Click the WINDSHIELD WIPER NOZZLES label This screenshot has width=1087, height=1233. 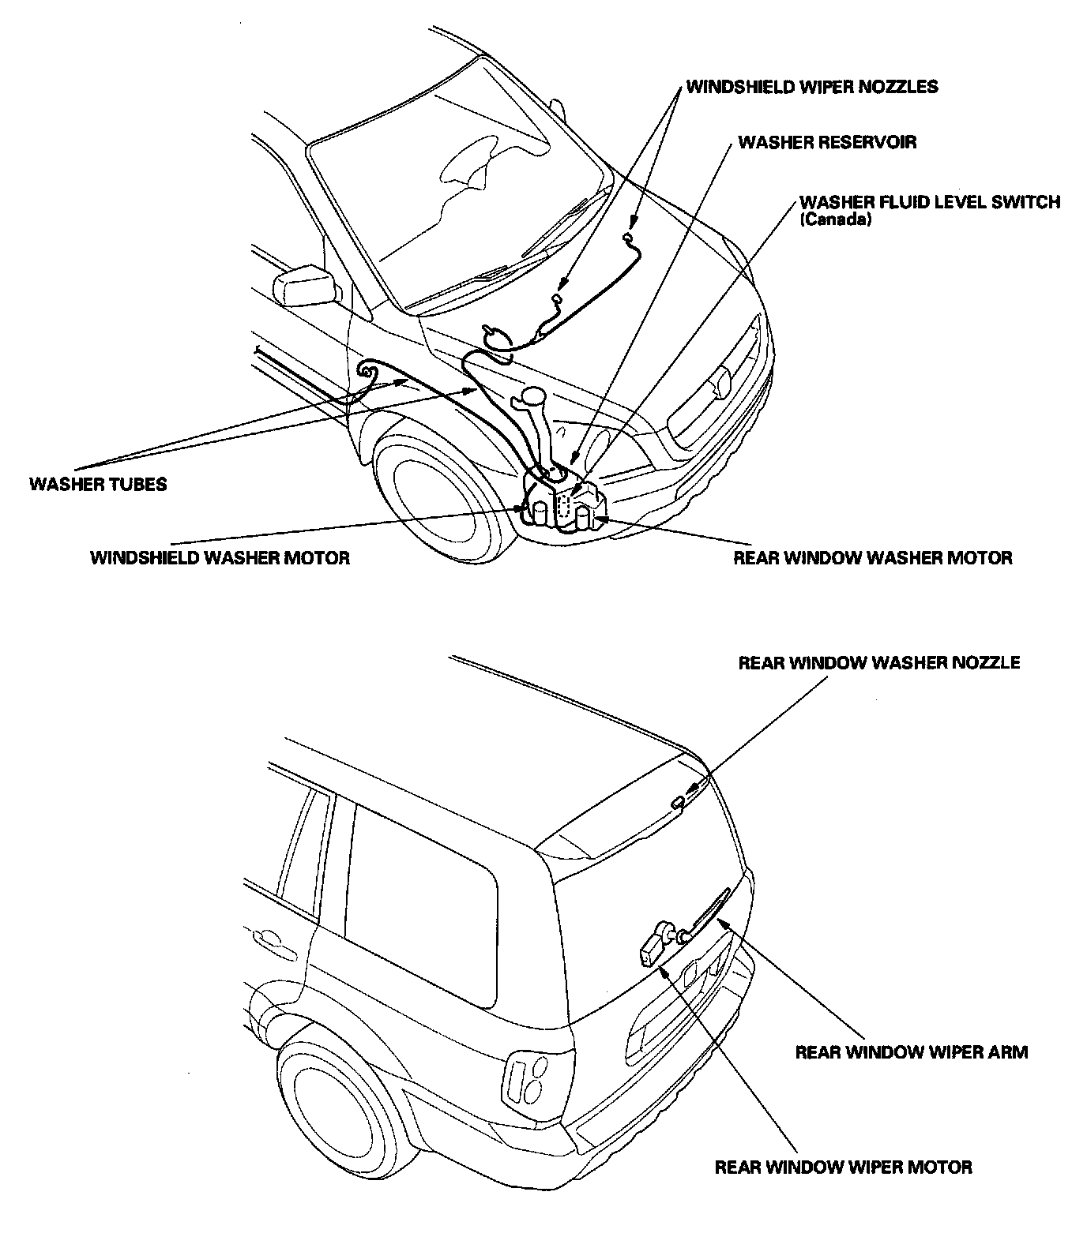(x=812, y=86)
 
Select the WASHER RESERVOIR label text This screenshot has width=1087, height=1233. (x=827, y=142)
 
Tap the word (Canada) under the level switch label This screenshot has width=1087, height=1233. (x=835, y=220)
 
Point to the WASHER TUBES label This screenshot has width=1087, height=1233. (x=98, y=484)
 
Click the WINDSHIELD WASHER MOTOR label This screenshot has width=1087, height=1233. (x=220, y=558)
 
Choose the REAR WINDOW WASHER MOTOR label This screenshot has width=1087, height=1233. (x=872, y=558)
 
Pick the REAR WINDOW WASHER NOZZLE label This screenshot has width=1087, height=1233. (x=878, y=662)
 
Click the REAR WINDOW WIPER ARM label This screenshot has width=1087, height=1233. (x=911, y=1051)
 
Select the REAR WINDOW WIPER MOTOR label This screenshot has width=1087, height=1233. (x=843, y=1167)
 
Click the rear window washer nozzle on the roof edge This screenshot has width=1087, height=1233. (x=678, y=802)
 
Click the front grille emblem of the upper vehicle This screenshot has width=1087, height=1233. (x=720, y=384)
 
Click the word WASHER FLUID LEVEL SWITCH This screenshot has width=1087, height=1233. (x=929, y=202)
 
